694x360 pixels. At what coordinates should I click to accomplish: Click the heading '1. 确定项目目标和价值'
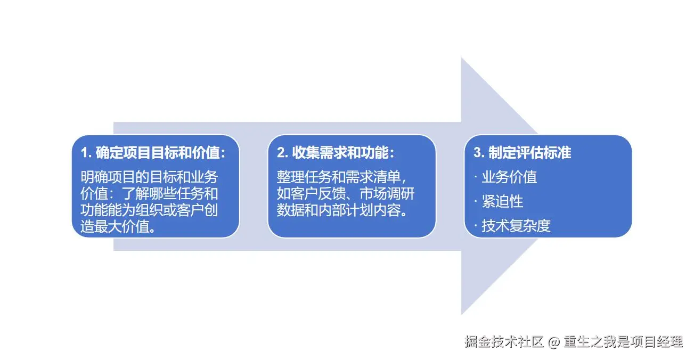click(153, 153)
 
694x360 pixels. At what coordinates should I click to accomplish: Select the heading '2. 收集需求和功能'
click(336, 153)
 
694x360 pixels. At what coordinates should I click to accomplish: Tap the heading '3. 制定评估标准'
click(522, 153)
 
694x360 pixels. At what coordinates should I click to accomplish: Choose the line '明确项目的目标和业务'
click(149, 177)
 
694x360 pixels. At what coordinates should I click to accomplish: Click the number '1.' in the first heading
click(86, 153)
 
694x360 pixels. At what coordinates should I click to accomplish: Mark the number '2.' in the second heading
click(282, 153)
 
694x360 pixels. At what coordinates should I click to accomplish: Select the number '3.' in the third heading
click(479, 153)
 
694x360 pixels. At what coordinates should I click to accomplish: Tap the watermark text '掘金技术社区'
click(503, 342)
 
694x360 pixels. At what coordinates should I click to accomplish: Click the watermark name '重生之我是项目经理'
click(623, 342)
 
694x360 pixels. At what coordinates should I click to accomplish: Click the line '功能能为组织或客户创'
click(149, 209)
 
